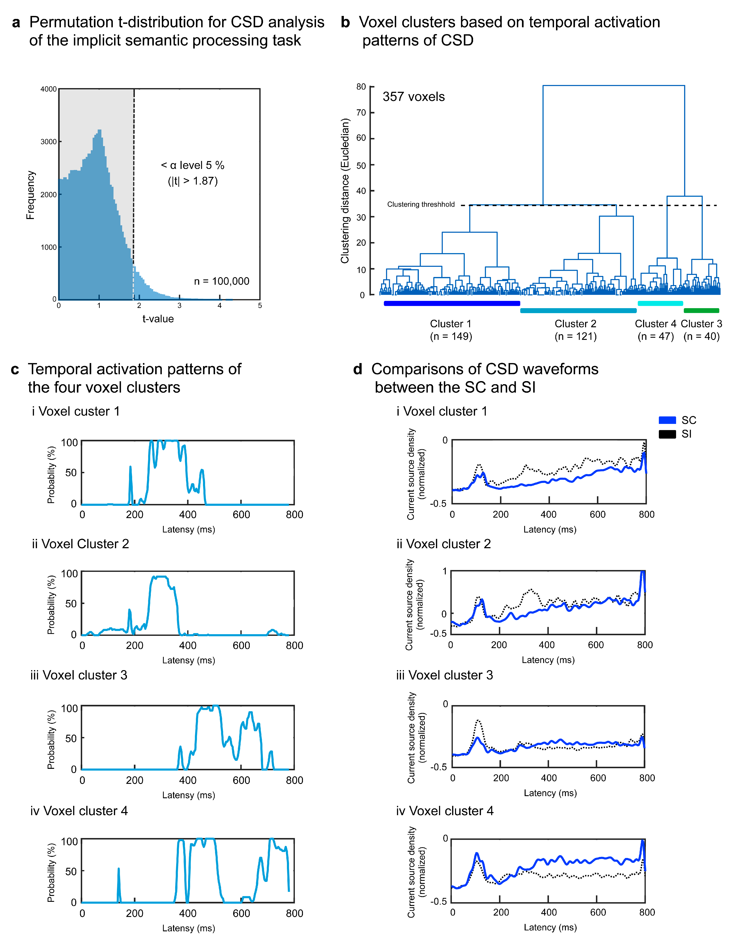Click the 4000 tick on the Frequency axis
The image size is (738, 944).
48,89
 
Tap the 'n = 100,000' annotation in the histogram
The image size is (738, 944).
222,281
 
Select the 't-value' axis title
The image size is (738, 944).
158,319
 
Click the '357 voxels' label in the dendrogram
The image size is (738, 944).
413,97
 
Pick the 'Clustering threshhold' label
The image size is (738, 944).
421,204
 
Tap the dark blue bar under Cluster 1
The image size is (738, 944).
451,303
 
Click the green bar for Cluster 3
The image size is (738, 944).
701,310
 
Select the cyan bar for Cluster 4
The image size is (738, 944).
660,303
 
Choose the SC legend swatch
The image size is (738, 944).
667,420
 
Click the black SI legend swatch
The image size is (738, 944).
667,434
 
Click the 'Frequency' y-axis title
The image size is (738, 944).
30,195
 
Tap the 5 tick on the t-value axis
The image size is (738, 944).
260,306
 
